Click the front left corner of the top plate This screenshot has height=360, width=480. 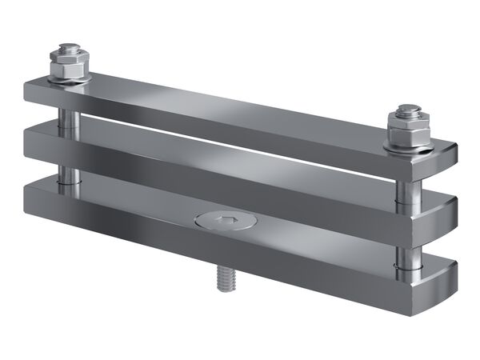27,92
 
